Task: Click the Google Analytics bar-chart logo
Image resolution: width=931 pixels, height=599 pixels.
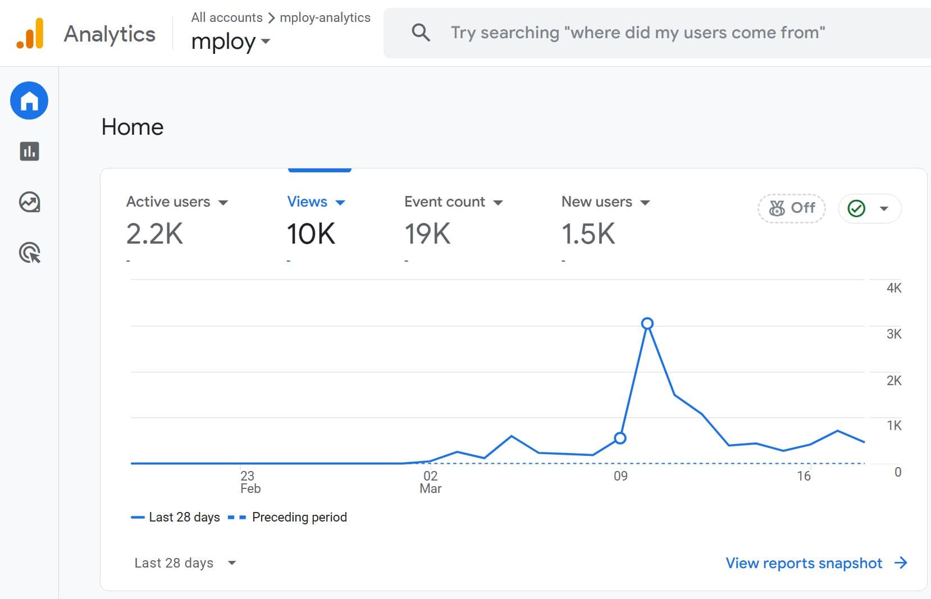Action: point(30,34)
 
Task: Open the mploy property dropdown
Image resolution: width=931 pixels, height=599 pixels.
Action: point(230,42)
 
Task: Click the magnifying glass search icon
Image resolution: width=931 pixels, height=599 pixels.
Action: point(421,33)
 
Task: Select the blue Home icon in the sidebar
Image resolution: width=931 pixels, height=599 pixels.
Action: point(29,101)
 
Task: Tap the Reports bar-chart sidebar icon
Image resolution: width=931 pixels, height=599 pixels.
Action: point(29,151)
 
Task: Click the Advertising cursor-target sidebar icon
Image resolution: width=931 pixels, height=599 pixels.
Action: point(29,253)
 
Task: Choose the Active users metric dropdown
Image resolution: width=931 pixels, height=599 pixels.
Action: point(177,202)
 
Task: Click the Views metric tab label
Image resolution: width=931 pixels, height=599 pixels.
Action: point(307,202)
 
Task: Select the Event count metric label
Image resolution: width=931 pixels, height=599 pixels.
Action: point(445,202)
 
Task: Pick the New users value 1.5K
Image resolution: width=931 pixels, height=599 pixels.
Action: point(588,234)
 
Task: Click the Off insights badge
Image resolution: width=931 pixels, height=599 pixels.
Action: point(792,208)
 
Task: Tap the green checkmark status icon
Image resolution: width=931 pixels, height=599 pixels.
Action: point(856,208)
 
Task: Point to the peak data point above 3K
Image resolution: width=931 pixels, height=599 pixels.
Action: point(647,323)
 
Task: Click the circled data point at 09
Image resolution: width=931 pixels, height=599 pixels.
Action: point(620,438)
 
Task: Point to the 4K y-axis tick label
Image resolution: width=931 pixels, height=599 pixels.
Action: point(893,288)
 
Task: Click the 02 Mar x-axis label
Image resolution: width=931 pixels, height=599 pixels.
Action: point(430,482)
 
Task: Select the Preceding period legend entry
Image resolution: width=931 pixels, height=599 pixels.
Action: point(299,517)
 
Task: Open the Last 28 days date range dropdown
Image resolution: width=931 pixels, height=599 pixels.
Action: point(185,563)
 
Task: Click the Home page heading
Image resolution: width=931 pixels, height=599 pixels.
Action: point(133,127)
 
